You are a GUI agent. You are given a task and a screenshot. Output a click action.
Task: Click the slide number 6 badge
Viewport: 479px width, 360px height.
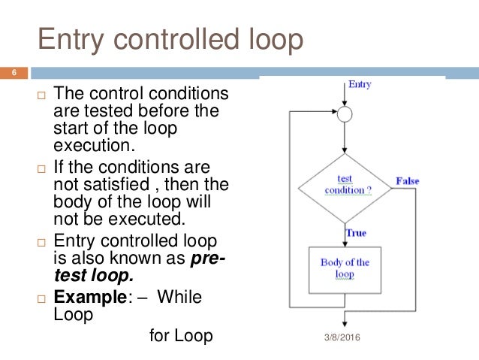point(13,73)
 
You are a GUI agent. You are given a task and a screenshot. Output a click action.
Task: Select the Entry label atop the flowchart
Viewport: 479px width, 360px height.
point(360,84)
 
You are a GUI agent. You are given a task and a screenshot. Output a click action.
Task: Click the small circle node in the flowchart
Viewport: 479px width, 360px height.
point(344,115)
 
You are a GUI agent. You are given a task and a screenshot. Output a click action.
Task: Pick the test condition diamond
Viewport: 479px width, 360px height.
point(345,185)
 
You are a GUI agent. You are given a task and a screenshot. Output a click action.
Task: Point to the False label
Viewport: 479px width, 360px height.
point(407,181)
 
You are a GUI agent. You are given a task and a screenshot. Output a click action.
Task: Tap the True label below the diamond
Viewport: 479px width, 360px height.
point(356,233)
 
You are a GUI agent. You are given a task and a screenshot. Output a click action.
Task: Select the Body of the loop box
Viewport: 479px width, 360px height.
point(345,268)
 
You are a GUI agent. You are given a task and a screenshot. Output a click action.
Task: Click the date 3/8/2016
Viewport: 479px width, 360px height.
point(342,337)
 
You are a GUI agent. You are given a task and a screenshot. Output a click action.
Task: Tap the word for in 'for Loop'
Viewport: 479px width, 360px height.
point(159,335)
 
